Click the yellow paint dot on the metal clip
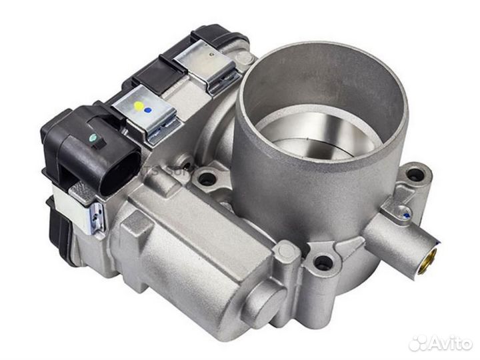(138, 106)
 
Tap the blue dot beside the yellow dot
(148, 109)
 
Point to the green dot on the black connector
(94, 139)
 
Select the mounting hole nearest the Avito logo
(324, 263)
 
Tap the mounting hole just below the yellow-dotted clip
(207, 178)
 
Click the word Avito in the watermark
(450, 343)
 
